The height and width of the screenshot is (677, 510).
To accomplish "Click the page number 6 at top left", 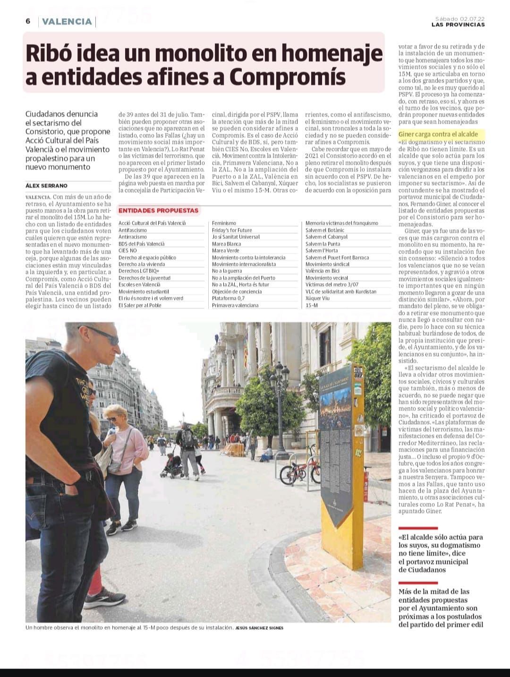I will point(28,21).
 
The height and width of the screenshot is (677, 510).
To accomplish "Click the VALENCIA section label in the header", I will point(67,22).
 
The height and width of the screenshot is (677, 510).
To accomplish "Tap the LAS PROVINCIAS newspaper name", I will point(458,25).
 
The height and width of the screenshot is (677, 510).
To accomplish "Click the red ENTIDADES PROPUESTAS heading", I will point(158,210).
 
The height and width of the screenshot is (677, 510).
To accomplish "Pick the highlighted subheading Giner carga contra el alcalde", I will point(438,134).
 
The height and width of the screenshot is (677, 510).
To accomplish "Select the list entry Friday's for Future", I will point(232,230).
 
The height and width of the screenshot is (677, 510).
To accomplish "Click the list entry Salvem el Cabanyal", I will point(326,237).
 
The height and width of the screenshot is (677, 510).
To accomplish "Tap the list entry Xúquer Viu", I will point(317,299).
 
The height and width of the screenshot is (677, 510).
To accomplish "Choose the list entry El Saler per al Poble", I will point(140,305).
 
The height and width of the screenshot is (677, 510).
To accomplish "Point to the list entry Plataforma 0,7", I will point(228,299).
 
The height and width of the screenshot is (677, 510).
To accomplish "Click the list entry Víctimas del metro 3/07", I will point(332,285).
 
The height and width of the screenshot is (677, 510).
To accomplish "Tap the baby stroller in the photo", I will point(172,464).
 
